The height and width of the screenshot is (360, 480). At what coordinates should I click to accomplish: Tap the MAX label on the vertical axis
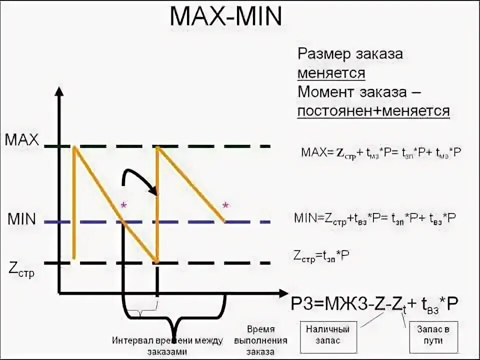coord(22,139)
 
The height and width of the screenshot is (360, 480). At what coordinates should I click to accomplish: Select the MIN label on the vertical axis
coord(21,219)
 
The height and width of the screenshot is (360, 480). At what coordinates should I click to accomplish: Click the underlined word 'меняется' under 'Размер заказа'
coord(331,73)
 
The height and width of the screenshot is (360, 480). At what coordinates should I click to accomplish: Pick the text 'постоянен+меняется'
coord(373,111)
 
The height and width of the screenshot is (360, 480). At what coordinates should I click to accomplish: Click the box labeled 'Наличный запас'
coord(327,334)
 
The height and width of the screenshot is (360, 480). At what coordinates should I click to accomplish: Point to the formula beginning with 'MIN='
coord(374,218)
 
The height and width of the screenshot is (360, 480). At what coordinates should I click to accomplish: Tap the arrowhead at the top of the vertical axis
coord(59,91)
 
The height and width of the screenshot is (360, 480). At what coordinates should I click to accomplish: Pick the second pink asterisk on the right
coord(225,205)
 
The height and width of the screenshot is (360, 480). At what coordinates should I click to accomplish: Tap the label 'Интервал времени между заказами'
coord(167,345)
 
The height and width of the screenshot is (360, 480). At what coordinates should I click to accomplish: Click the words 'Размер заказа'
coord(350,54)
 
